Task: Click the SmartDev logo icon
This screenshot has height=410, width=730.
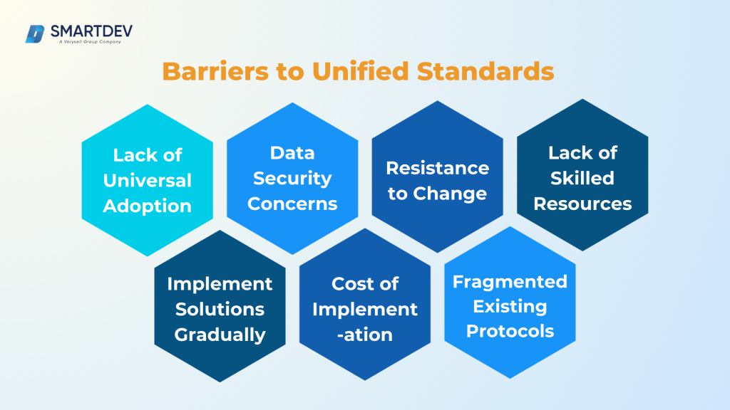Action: pyautogui.click(x=36, y=33)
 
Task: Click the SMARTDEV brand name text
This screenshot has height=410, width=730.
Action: pyautogui.click(x=89, y=31)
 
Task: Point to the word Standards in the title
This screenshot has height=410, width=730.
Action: pyautogui.click(x=487, y=71)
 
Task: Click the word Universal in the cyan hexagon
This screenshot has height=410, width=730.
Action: pyautogui.click(x=147, y=181)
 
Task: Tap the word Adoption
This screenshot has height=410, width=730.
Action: pyautogui.click(x=147, y=206)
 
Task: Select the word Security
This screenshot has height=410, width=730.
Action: pyautogui.click(x=292, y=178)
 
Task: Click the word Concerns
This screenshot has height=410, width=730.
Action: pyautogui.click(x=292, y=204)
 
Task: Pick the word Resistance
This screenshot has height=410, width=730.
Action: pyautogui.click(x=437, y=168)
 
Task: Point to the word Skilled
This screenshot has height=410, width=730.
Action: pyautogui.click(x=582, y=178)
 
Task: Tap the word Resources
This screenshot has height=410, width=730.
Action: pyautogui.click(x=582, y=204)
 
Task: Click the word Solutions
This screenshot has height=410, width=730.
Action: pyautogui.click(x=220, y=309)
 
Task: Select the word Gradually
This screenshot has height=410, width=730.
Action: pyautogui.click(x=220, y=335)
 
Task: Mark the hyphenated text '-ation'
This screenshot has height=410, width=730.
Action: pyautogui.click(x=364, y=335)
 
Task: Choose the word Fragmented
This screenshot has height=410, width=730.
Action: pyautogui.click(x=510, y=281)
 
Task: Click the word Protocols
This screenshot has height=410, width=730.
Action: pyautogui.click(x=510, y=332)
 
